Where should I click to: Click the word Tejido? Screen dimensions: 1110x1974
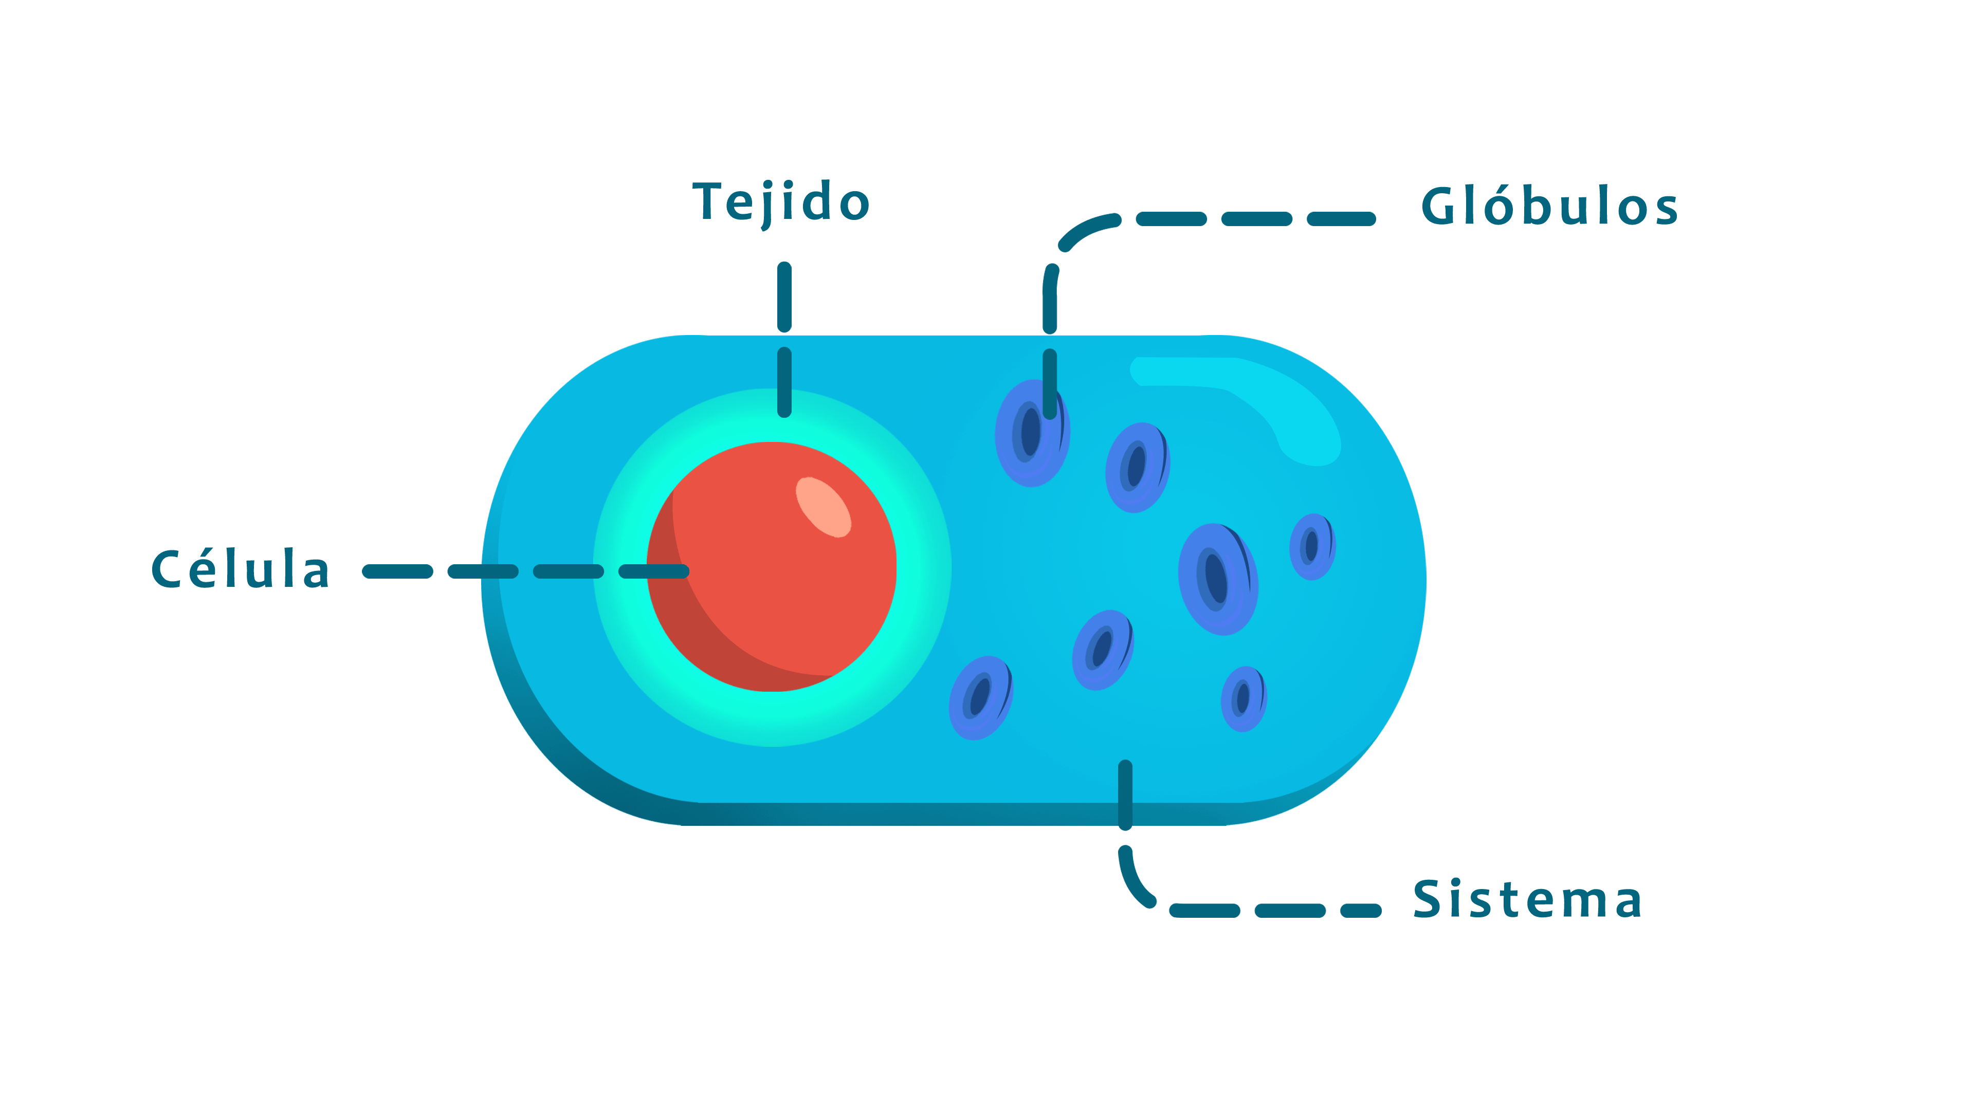pos(781,202)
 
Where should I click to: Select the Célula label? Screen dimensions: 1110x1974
pos(241,570)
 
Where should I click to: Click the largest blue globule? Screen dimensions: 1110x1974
pos(1218,579)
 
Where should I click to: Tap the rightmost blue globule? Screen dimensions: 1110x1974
pos(1312,547)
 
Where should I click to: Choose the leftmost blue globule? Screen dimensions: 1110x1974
pos(980,697)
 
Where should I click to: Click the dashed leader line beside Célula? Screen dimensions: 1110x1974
pos(483,571)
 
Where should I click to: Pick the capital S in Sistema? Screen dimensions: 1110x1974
pos(1429,899)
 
